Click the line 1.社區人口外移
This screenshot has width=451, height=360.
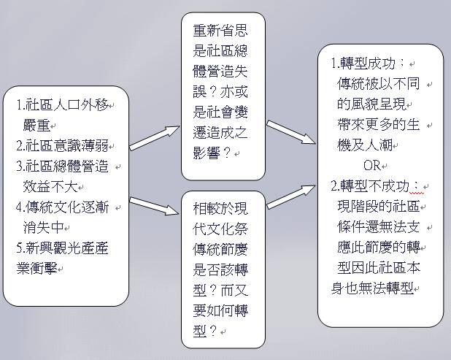63,105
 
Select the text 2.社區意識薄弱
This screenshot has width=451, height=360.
63,146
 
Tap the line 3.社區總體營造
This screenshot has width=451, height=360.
63,166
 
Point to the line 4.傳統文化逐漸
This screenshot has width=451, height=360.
63,207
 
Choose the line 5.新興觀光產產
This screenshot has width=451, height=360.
63,248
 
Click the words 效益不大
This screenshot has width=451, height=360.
50,187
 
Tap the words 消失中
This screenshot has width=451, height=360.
43,228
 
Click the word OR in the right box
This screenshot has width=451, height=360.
372,166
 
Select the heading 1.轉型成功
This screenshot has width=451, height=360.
368,64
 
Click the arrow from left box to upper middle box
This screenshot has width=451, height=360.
155,138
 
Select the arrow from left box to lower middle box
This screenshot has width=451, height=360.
154,206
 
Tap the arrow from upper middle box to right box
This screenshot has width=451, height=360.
291,132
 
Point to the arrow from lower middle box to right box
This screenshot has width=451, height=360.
291,197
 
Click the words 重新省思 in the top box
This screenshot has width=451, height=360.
220,31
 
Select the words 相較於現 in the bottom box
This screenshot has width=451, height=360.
220,208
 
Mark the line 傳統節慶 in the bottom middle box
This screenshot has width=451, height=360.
220,249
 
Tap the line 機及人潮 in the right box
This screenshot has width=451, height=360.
365,145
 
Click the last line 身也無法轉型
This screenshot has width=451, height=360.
372,288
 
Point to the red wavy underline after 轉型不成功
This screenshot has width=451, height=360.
417,193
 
